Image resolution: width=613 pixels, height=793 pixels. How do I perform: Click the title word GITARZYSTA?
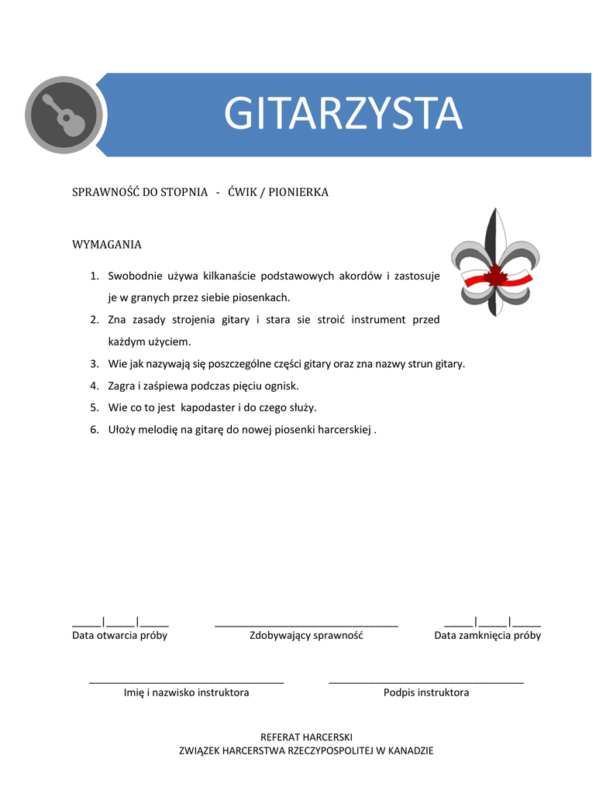[343, 114]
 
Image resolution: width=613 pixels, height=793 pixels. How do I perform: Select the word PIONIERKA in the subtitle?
[298, 192]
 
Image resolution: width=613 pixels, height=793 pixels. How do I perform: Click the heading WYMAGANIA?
[107, 245]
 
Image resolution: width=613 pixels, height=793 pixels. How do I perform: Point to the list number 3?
[94, 363]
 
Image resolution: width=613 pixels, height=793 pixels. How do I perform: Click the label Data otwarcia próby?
[120, 636]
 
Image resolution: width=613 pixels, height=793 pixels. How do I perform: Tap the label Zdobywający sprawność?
[306, 636]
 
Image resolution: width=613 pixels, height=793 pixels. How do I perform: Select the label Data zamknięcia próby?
[487, 636]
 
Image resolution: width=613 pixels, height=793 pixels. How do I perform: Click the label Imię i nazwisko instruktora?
[187, 692]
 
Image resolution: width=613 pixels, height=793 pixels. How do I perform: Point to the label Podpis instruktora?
[426, 692]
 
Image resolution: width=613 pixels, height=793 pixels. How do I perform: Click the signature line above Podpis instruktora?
[426, 681]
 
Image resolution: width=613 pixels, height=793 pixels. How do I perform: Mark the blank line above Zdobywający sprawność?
[306, 623]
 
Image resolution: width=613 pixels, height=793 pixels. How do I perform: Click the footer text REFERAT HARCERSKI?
[306, 736]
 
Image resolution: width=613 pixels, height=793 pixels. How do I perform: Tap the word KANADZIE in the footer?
[410, 750]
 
